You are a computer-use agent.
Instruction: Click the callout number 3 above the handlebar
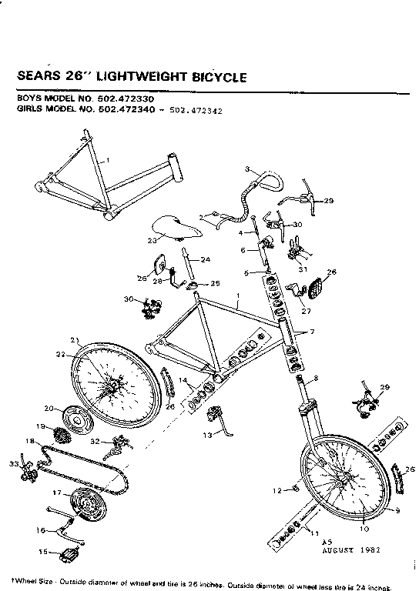(x=246, y=169)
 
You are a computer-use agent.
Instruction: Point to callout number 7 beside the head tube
(x=312, y=332)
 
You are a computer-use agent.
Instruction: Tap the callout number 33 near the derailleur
(x=13, y=464)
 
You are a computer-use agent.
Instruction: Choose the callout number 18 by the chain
(x=31, y=442)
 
